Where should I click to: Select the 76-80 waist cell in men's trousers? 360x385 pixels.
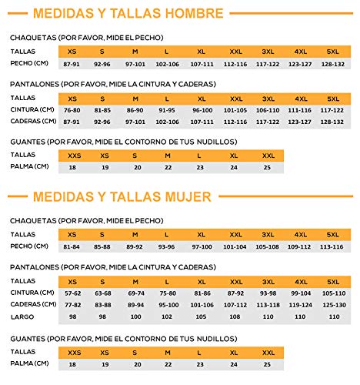tap(72, 110)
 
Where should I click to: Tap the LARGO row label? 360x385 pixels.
tap(22, 316)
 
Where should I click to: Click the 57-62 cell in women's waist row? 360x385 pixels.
tap(72, 293)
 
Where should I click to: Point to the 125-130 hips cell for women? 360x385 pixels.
tap(333, 304)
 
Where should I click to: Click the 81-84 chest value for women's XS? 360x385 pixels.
tap(72, 246)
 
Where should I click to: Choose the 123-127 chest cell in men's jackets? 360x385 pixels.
tap(301, 62)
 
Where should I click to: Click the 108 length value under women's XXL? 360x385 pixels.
tap(235, 316)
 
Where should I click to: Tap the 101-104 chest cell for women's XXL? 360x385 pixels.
tap(235, 246)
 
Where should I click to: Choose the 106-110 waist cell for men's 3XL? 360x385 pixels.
tap(268, 110)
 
